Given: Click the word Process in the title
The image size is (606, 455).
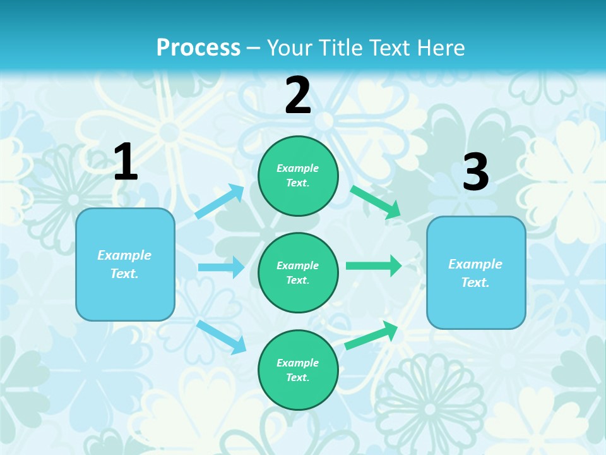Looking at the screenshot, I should click(198, 48).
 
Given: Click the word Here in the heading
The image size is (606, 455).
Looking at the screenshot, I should click(441, 48).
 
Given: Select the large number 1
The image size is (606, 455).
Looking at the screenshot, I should click(126, 162).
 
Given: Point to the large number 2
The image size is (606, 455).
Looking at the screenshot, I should click(298, 95).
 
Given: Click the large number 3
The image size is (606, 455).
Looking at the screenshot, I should click(475, 173).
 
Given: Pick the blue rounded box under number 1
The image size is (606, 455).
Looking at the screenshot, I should click(125, 264).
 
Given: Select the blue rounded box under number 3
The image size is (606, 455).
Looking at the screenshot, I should click(476, 272).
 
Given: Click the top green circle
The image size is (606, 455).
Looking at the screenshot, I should click(298, 176).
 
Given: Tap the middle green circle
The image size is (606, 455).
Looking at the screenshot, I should click(298, 272).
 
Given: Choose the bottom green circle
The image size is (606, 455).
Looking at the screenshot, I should click(298, 370).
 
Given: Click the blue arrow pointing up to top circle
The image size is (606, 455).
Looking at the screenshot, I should click(220, 202).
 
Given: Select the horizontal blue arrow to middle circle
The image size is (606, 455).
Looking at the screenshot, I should click(221, 267).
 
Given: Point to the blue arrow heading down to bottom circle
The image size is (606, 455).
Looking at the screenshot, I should click(222, 336).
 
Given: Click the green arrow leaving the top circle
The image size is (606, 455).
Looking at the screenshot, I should click(376, 202).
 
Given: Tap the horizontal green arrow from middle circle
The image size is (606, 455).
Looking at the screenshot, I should click(374, 265).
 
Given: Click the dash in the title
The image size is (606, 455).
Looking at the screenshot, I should click(254, 48).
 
